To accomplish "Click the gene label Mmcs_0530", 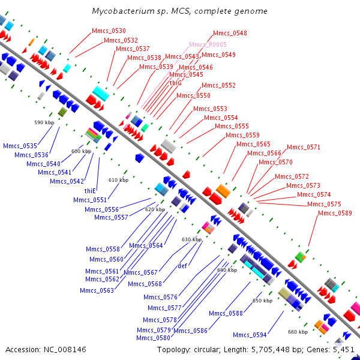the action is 109,31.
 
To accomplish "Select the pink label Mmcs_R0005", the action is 208,44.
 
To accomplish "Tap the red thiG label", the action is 176,83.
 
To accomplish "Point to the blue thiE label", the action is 90,191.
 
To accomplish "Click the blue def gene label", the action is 182,266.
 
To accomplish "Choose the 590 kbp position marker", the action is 44,122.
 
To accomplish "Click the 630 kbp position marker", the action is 192,239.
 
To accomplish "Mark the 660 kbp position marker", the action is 298,332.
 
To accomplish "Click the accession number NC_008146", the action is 65,349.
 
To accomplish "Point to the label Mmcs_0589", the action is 335,213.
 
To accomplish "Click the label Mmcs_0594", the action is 250,335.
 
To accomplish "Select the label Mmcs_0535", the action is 20,146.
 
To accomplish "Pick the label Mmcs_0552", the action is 218,85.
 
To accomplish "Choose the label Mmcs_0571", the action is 304,147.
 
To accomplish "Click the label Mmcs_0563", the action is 97,290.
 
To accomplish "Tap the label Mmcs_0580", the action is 154,338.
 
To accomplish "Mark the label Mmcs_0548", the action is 230,33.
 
